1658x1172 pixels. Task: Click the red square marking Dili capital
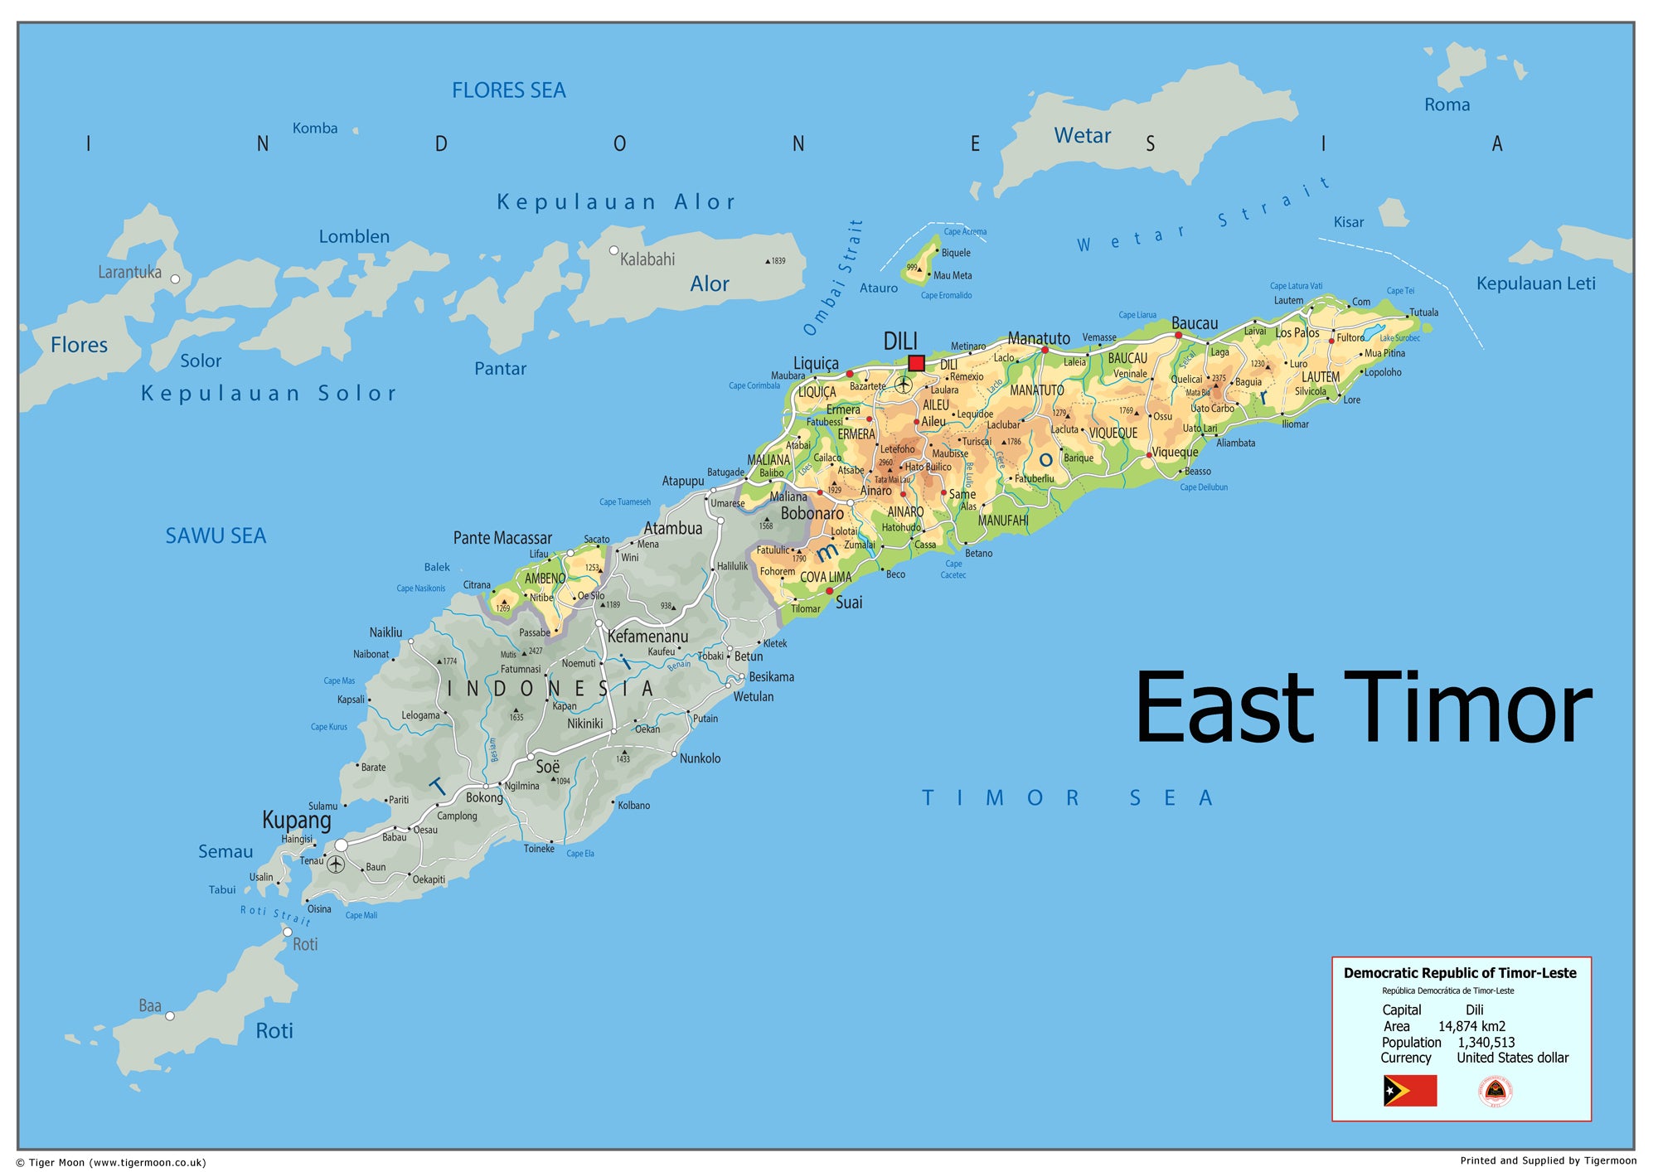tap(916, 363)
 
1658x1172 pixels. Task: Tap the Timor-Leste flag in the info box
tap(1409, 1091)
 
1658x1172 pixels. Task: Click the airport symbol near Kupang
tap(336, 864)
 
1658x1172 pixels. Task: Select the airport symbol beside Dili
tap(904, 385)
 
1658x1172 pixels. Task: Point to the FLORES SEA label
tap(508, 90)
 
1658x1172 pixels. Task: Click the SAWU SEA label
tap(216, 536)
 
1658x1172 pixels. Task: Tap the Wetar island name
tap(1082, 136)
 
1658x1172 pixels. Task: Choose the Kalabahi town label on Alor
tap(647, 259)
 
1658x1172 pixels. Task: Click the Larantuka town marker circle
tap(175, 279)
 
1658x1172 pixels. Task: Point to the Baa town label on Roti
tap(150, 1005)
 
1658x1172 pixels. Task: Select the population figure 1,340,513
tap(1486, 1043)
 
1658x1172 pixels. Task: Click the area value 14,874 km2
tap(1471, 1026)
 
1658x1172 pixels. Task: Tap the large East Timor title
tap(1363, 709)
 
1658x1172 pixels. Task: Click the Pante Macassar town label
tap(502, 538)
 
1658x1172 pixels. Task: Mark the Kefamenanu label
tap(647, 637)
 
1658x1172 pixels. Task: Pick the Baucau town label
tap(1195, 323)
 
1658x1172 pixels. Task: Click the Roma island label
tap(1447, 105)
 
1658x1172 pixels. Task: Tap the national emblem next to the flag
tap(1495, 1091)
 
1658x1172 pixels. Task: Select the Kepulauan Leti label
tap(1535, 283)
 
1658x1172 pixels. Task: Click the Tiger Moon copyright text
tap(111, 1162)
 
